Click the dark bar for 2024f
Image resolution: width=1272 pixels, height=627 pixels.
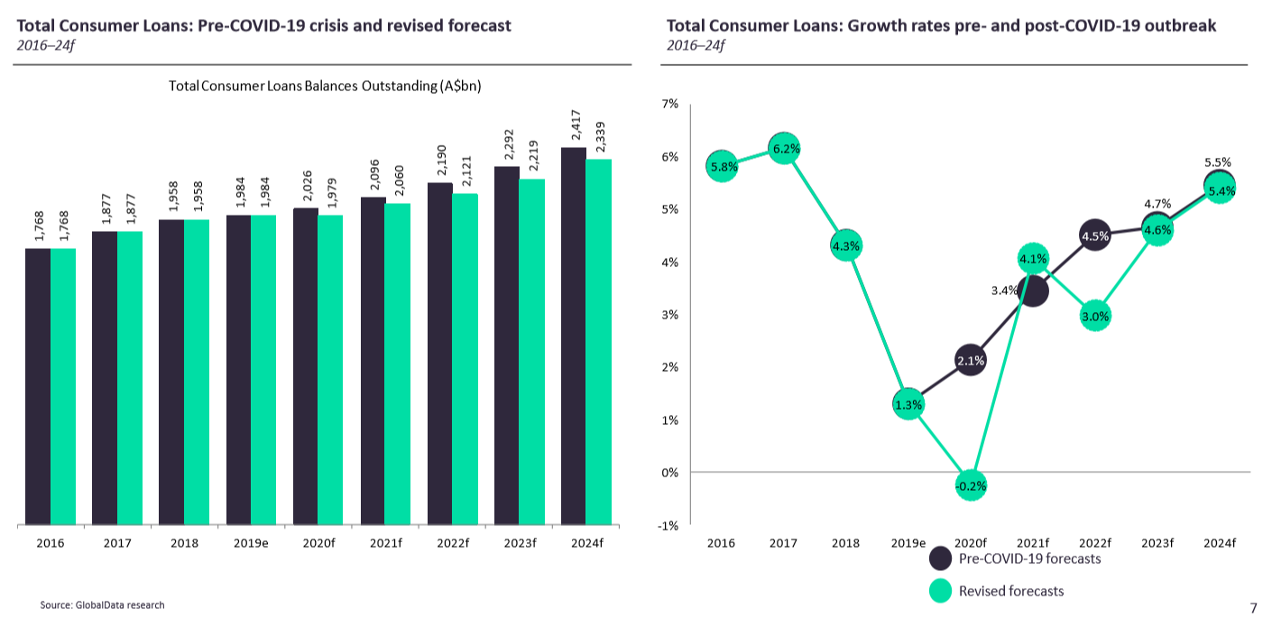tap(574, 336)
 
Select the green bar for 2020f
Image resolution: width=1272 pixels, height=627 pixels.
tap(330, 370)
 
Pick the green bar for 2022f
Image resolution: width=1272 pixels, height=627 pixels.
tap(465, 359)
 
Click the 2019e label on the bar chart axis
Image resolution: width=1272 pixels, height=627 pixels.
tap(251, 543)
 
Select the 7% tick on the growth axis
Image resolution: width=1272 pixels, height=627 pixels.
tap(670, 104)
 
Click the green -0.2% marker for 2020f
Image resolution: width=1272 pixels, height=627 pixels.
tap(971, 484)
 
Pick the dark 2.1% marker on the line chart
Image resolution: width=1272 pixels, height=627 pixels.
tap(971, 361)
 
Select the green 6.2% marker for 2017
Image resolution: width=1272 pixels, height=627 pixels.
tap(784, 149)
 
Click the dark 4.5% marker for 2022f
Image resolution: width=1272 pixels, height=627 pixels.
tap(1094, 236)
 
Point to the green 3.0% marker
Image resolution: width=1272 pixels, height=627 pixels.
tap(1094, 316)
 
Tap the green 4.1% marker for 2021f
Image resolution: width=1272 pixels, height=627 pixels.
tap(1033, 260)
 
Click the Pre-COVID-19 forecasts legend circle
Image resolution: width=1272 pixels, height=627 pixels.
tap(941, 558)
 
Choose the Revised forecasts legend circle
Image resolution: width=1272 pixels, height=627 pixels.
tap(941, 591)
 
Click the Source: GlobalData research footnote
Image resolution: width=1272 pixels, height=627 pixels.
tap(102, 604)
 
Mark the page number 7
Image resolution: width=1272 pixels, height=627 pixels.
tap(1253, 608)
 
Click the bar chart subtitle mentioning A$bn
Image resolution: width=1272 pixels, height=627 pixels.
tap(325, 86)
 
